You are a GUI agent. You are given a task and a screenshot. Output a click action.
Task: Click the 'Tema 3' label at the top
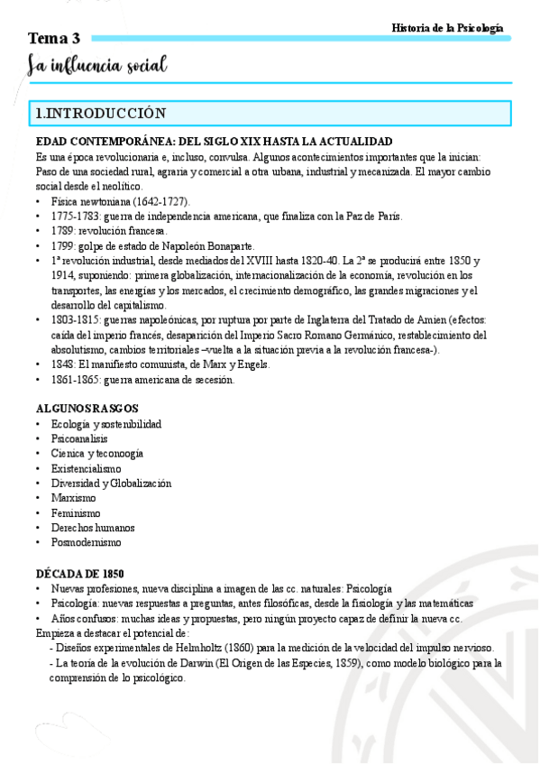point(54,38)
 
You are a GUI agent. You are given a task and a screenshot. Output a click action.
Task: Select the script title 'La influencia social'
point(97,66)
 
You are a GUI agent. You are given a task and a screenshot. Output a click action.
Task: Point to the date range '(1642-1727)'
point(160,201)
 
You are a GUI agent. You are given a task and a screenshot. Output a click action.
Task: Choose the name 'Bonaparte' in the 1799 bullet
point(225,245)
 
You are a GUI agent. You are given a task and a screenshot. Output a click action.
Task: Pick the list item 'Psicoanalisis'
point(80,438)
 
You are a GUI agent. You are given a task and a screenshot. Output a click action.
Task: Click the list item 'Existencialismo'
point(87,468)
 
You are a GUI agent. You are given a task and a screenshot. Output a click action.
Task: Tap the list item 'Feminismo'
point(76,512)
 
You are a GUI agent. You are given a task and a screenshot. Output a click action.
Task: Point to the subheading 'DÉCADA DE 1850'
point(79,573)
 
